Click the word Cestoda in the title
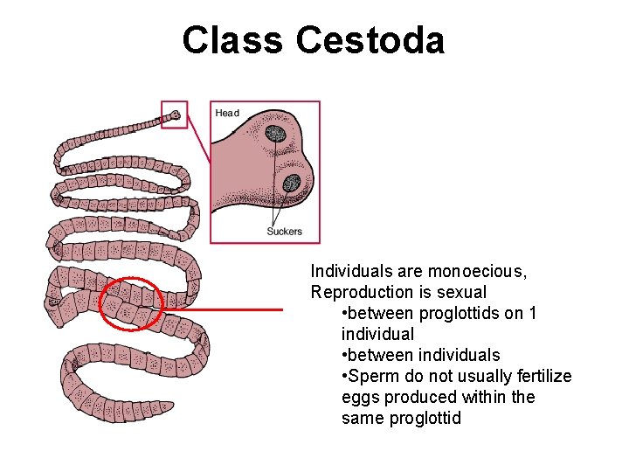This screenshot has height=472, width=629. point(370,40)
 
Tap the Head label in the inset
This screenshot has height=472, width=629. point(227,113)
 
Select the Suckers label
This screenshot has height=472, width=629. point(284,232)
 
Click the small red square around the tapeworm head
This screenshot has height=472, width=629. point(174,114)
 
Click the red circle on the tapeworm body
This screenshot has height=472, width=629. point(132,304)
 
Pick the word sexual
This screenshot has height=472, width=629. point(460,292)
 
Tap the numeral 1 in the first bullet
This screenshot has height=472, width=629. point(533,313)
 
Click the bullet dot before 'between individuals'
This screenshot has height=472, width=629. point(347,355)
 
